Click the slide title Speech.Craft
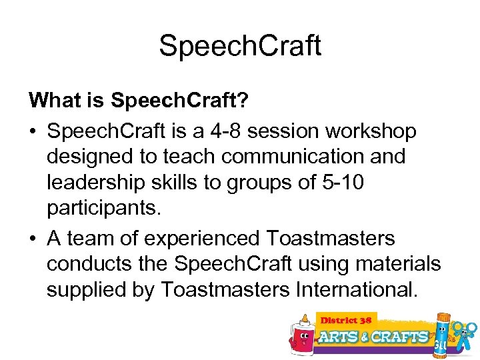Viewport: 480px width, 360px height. [x=240, y=45]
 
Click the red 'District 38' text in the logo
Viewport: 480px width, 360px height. [x=347, y=321]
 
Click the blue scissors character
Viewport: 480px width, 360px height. [x=465, y=333]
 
